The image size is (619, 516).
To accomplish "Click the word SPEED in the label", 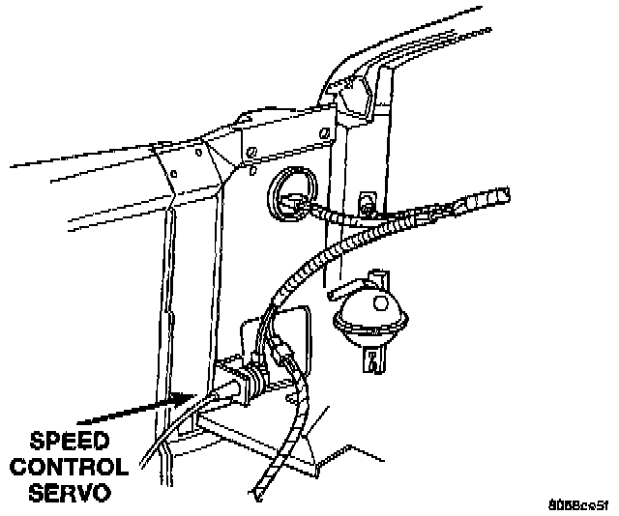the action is (x=69, y=443).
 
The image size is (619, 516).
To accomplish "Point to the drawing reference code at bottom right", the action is (x=576, y=503).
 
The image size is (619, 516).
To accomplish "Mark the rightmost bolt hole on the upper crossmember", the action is (x=251, y=151).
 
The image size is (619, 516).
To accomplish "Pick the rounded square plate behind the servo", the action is (x=290, y=333).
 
